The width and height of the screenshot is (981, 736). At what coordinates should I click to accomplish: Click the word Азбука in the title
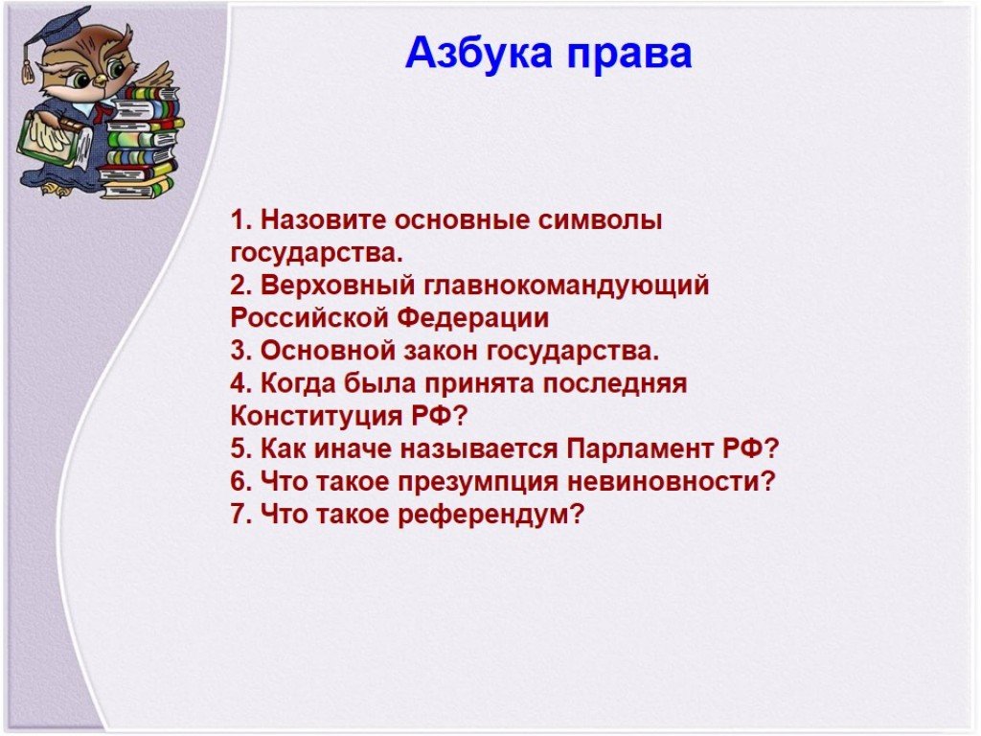coord(479,53)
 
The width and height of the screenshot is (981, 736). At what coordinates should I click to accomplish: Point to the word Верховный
coord(338,286)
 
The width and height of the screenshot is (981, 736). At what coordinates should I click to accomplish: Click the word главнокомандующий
coord(567,287)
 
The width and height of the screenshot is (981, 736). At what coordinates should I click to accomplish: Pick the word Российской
coord(309,318)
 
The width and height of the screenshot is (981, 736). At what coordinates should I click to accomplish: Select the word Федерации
coord(473,319)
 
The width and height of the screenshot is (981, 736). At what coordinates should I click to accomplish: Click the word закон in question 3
coord(440,351)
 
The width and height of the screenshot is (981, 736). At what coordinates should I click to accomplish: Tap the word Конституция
coord(316,417)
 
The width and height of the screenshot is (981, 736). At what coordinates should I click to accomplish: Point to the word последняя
coord(614,384)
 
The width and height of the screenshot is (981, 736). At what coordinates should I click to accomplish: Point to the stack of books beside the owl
coord(139,143)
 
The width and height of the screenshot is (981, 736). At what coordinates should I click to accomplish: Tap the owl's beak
coord(100,80)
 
